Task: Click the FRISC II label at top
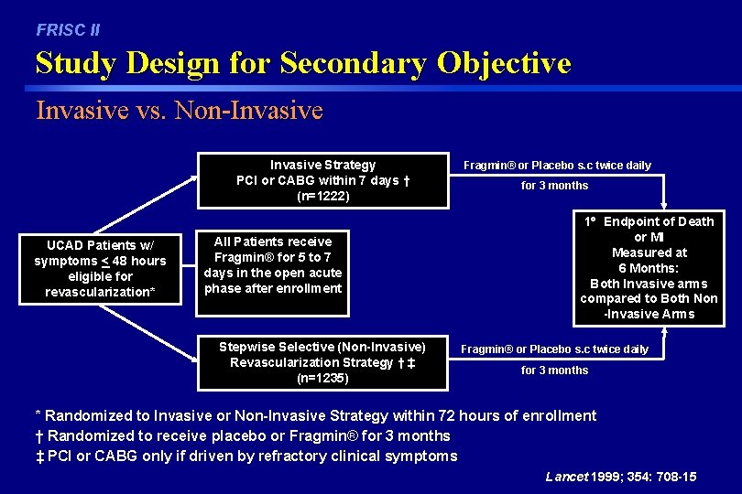(68, 30)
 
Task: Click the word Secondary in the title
(354, 63)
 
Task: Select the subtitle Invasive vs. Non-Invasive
(180, 111)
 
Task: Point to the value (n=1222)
(322, 196)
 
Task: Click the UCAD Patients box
(100, 268)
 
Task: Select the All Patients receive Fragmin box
(273, 265)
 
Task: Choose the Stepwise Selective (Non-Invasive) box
(322, 361)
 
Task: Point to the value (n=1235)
(322, 377)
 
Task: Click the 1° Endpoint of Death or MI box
(648, 267)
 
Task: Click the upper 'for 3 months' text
(554, 186)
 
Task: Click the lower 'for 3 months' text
(554, 370)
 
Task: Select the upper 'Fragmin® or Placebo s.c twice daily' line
(557, 166)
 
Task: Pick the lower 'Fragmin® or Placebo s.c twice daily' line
(554, 349)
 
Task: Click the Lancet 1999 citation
(620, 478)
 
